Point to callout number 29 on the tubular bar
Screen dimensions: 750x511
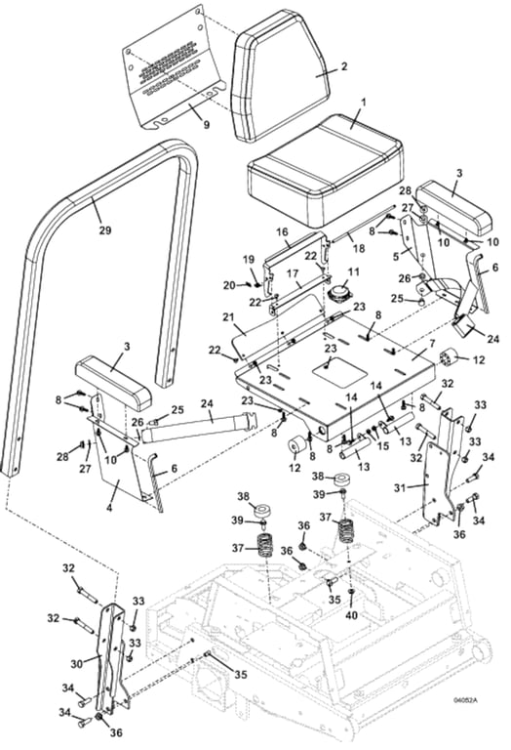click(x=104, y=230)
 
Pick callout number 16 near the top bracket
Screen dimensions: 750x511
click(x=281, y=232)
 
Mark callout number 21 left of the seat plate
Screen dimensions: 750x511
click(x=226, y=317)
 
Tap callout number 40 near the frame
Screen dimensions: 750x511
click(x=351, y=616)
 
